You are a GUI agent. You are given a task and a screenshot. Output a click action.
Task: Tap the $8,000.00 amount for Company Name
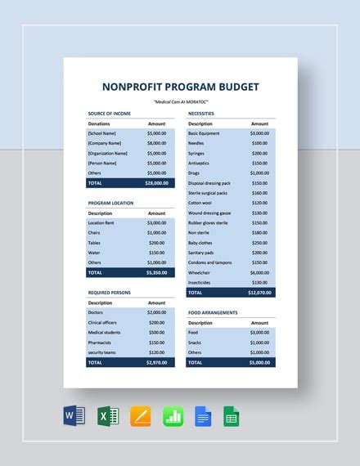click(x=158, y=142)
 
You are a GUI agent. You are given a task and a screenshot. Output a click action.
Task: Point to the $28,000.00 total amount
click(x=156, y=183)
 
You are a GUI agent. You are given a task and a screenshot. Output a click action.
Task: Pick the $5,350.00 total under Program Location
click(x=157, y=272)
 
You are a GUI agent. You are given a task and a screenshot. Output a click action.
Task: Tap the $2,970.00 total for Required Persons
click(x=157, y=361)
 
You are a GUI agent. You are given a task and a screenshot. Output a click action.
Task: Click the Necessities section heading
click(x=202, y=113)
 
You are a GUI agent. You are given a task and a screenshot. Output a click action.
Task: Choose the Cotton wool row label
click(x=200, y=203)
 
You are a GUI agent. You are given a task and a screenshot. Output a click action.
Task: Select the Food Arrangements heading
click(x=212, y=312)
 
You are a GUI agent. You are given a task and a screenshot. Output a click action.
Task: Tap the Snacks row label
click(x=196, y=342)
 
